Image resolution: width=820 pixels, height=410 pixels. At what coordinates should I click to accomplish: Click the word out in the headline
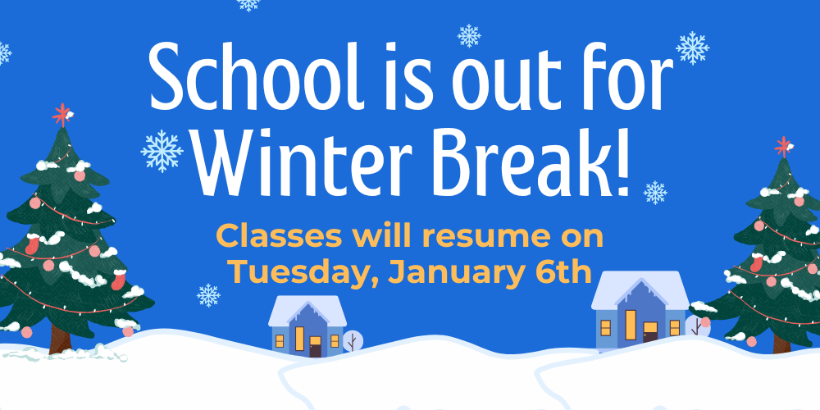pos(494,80)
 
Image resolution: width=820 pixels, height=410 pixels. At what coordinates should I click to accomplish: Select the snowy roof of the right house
pos(640,289)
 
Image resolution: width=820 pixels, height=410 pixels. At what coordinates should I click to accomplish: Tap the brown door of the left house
pos(315,348)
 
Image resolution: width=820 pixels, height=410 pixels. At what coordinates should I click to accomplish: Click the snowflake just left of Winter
pos(162,151)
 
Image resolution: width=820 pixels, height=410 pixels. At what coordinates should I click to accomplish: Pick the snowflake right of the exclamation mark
pos(654,193)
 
